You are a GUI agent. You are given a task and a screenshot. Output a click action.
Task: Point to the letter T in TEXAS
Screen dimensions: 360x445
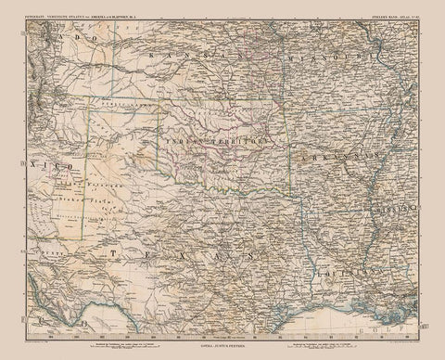pos(109,251)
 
